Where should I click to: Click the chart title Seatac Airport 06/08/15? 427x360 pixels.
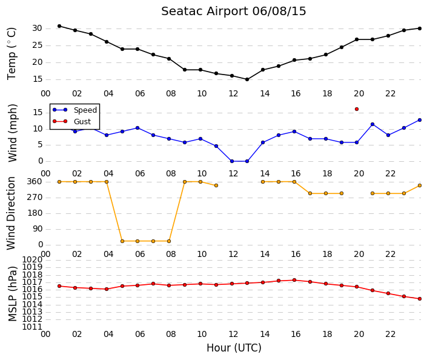(x=234, y=12)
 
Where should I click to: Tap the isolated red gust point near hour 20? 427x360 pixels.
(x=357, y=109)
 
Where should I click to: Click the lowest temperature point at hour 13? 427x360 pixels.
(x=247, y=79)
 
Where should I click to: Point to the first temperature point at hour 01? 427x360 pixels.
(x=59, y=26)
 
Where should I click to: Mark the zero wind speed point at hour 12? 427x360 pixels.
(x=232, y=161)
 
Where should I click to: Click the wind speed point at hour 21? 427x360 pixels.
(x=372, y=124)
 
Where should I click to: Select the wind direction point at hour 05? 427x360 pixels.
(x=122, y=241)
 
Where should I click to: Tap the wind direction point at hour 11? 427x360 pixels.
(x=216, y=185)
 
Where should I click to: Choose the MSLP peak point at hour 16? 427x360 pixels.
(x=294, y=280)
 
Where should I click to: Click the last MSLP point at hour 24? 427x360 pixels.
(x=420, y=299)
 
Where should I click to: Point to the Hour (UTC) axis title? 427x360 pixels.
(x=234, y=348)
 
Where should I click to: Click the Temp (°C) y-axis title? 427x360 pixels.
(x=12, y=54)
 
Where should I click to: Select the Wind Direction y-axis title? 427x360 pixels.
(x=11, y=213)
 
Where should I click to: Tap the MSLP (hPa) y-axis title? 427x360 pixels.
(x=13, y=294)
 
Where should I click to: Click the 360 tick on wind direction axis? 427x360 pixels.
(x=35, y=182)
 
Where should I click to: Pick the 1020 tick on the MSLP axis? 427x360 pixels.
(x=32, y=259)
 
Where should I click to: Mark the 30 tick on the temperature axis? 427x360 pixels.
(x=38, y=28)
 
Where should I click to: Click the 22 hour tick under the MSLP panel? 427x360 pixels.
(x=390, y=334)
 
